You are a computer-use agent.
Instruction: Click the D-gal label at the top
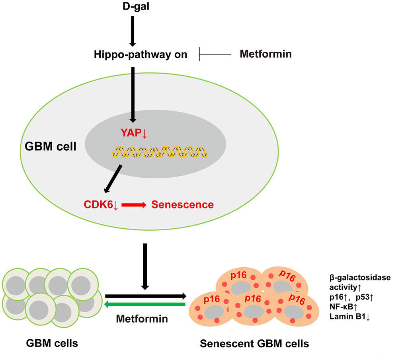click(133, 6)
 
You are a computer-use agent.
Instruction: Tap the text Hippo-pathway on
click(141, 54)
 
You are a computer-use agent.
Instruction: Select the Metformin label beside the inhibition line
click(265, 54)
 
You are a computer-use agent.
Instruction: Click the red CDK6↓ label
click(101, 205)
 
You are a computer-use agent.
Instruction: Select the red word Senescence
click(183, 205)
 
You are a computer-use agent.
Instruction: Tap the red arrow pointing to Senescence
click(134, 205)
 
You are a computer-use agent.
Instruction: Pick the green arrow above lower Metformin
click(145, 304)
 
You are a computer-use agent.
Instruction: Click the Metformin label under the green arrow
click(142, 319)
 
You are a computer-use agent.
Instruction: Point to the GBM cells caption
click(52, 343)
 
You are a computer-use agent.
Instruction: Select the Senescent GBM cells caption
click(254, 343)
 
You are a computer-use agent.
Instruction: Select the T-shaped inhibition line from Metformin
click(215, 54)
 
